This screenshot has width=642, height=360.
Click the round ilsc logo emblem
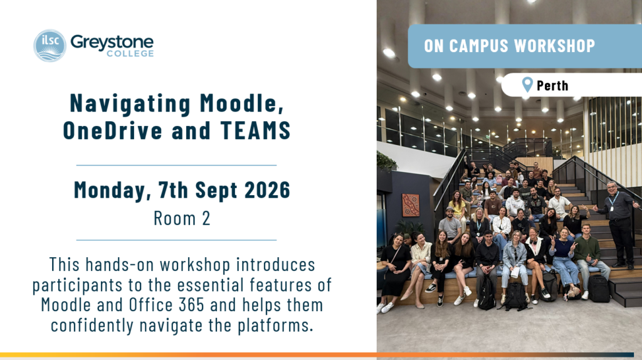(x=50, y=45)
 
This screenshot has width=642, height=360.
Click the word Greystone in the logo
(x=112, y=42)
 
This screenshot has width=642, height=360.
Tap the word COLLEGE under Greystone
(x=130, y=54)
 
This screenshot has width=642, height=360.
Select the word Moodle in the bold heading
(x=241, y=103)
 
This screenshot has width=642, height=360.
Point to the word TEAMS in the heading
(x=256, y=130)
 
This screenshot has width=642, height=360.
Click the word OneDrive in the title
(x=113, y=130)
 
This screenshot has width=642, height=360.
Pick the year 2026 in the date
(x=267, y=190)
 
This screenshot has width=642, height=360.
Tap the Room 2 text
(x=182, y=218)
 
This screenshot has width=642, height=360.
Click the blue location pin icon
(x=527, y=85)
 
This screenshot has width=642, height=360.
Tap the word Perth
(x=552, y=85)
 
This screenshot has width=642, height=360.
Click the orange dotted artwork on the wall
(x=411, y=205)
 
